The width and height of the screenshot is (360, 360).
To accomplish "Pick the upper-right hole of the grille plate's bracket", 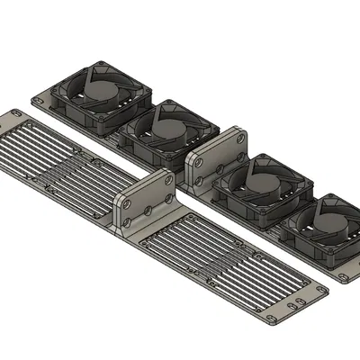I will click(167, 183).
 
